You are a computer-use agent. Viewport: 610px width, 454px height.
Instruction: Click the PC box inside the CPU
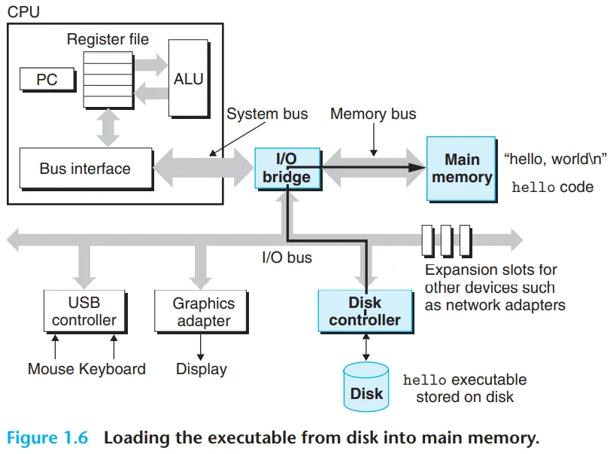[47, 79]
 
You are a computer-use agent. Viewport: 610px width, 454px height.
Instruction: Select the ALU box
[188, 78]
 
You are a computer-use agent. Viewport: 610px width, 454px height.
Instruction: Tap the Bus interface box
[85, 169]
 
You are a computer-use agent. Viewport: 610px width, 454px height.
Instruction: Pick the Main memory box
[461, 169]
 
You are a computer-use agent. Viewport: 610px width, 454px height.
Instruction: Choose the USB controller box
[83, 312]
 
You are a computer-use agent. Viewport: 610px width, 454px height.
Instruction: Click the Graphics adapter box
[203, 312]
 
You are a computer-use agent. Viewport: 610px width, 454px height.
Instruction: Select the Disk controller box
[365, 312]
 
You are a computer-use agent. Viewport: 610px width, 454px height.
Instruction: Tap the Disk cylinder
[366, 388]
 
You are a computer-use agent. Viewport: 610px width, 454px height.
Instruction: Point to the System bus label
[267, 114]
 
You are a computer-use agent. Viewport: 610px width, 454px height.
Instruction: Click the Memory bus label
[373, 114]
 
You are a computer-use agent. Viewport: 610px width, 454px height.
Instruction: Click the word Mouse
[51, 369]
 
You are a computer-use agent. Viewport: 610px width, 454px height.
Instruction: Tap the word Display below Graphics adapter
[201, 369]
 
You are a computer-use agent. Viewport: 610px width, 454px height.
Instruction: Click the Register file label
[108, 39]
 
